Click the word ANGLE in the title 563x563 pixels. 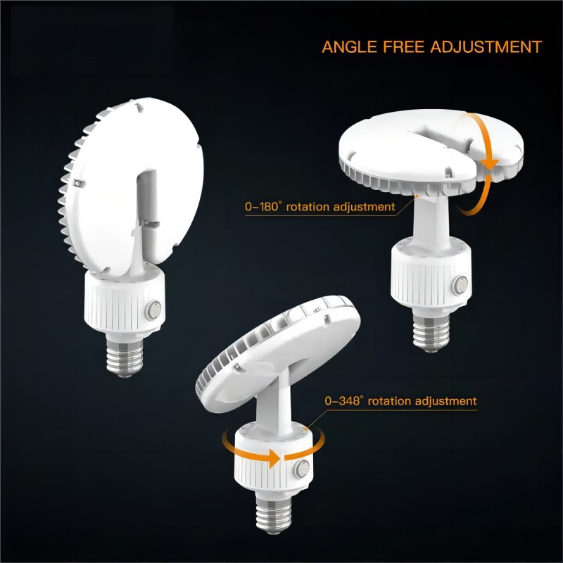[x=349, y=47]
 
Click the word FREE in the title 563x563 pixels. [x=403, y=47]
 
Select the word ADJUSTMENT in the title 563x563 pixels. [x=486, y=47]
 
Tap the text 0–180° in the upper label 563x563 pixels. [x=263, y=207]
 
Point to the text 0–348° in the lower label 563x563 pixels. [x=344, y=400]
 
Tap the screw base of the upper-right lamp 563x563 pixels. [x=431, y=329]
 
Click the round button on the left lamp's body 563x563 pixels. [x=153, y=310]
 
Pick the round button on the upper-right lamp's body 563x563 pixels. [x=460, y=286]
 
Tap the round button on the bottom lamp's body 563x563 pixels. [x=303, y=469]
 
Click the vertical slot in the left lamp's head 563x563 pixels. [x=147, y=201]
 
